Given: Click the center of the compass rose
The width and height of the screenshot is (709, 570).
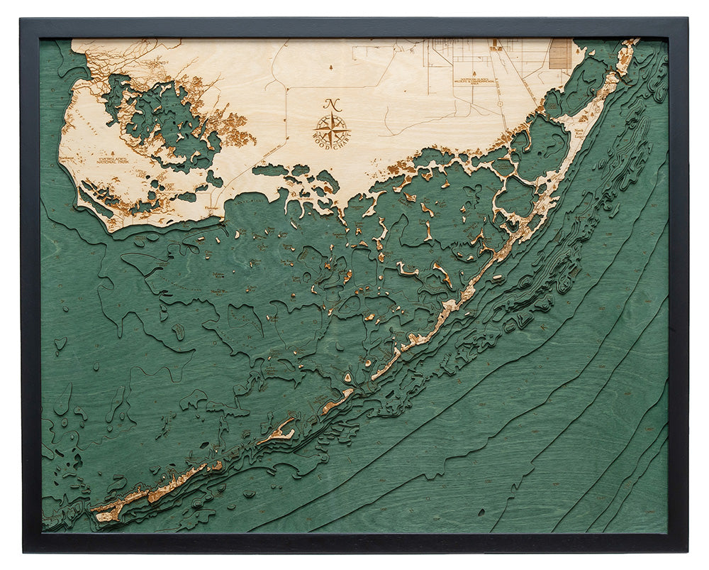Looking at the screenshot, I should (x=332, y=130).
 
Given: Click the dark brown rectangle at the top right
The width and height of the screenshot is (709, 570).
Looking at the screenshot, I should (x=560, y=53).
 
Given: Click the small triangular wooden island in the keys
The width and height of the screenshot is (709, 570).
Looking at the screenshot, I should (x=347, y=392).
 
